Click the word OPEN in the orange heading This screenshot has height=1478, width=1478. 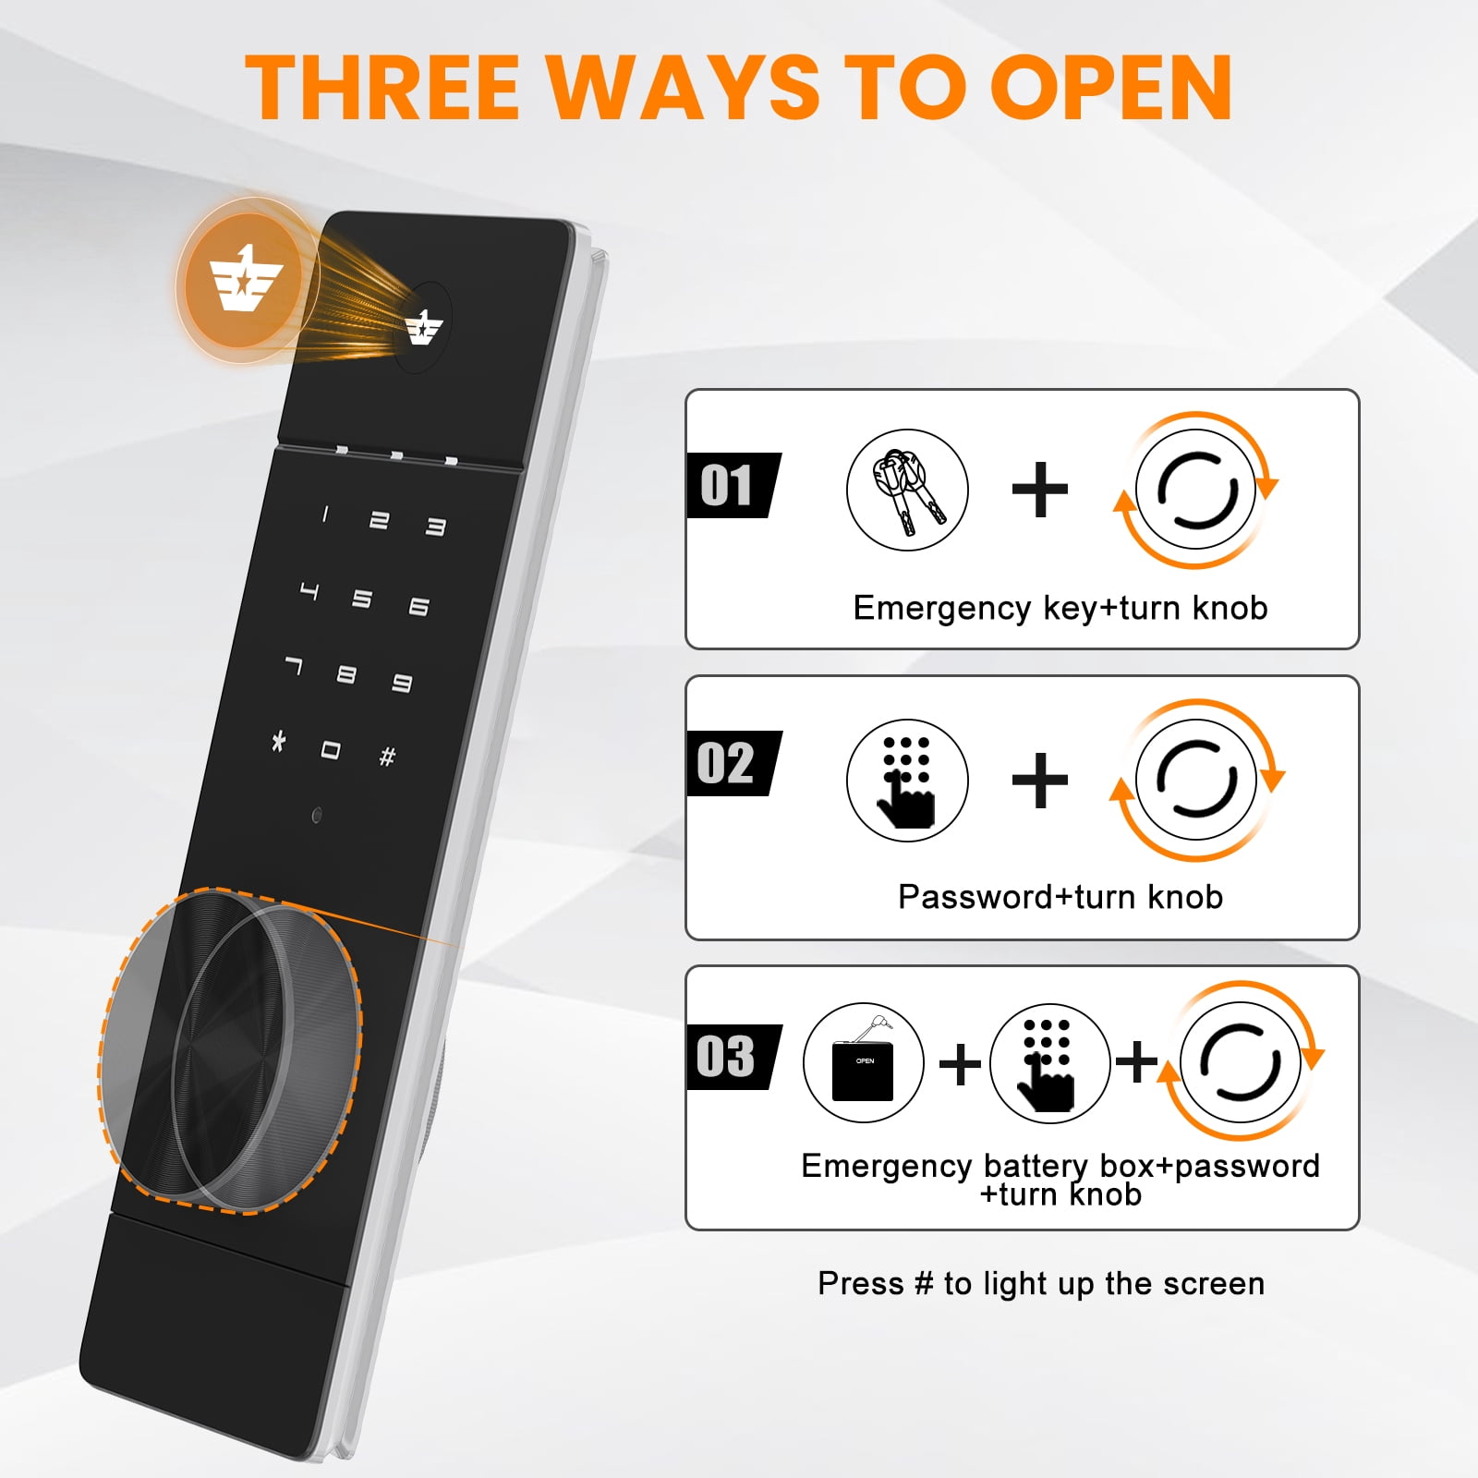click(1111, 87)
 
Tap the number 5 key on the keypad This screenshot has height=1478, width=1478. click(362, 599)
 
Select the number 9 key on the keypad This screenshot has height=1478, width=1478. click(402, 684)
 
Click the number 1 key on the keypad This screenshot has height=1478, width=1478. click(324, 515)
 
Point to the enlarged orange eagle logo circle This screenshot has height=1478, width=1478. click(243, 280)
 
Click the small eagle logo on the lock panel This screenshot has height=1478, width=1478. click(424, 327)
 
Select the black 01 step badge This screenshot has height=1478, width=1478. click(733, 485)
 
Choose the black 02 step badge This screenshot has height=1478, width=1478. click(733, 763)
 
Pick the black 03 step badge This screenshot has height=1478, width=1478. click(733, 1057)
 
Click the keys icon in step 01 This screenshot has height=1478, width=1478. click(907, 490)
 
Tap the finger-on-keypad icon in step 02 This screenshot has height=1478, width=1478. click(907, 781)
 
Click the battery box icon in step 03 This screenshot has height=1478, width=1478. click(864, 1063)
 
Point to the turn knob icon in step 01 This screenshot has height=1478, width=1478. click(1195, 490)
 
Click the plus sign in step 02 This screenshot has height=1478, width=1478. click(1040, 781)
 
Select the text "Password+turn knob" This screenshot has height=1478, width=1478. click(1060, 897)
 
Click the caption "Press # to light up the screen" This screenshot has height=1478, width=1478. click(1041, 1284)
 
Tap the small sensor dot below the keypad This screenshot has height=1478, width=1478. click(317, 816)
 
